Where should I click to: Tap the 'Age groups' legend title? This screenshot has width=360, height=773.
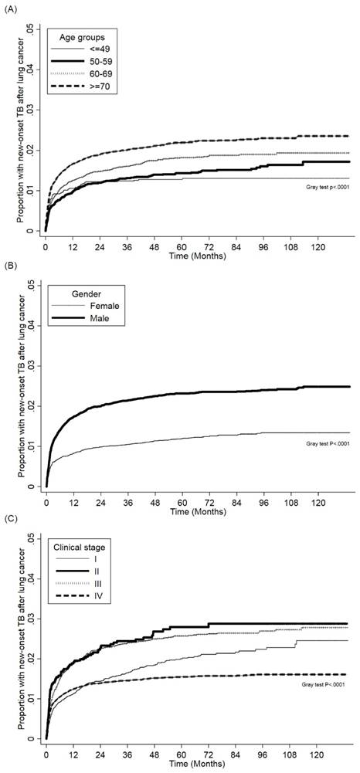pos(83,37)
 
